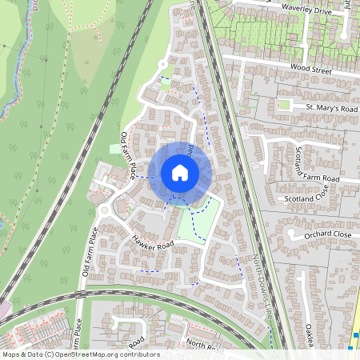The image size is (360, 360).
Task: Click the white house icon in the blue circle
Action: (x=179, y=172)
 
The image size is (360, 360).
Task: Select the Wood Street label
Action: (x=310, y=70)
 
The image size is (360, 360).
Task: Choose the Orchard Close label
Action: (x=328, y=235)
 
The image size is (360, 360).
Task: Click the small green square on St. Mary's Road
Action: (x=284, y=105)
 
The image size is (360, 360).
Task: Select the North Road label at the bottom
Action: (x=203, y=344)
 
